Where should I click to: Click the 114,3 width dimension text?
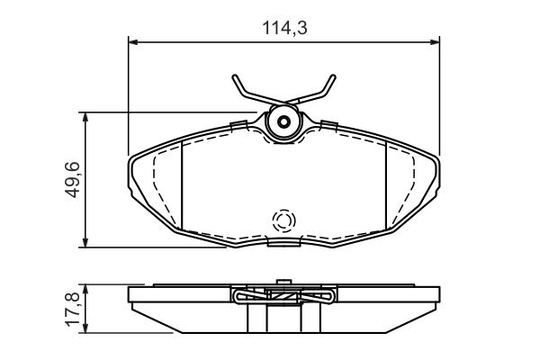click(x=284, y=27)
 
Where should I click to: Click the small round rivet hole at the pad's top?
click(x=284, y=122)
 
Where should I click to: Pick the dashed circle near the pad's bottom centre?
click(x=284, y=221)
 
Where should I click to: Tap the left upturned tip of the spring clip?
click(x=235, y=79)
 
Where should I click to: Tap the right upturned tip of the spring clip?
click(x=333, y=79)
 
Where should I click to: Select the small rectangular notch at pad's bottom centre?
click(x=284, y=241)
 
